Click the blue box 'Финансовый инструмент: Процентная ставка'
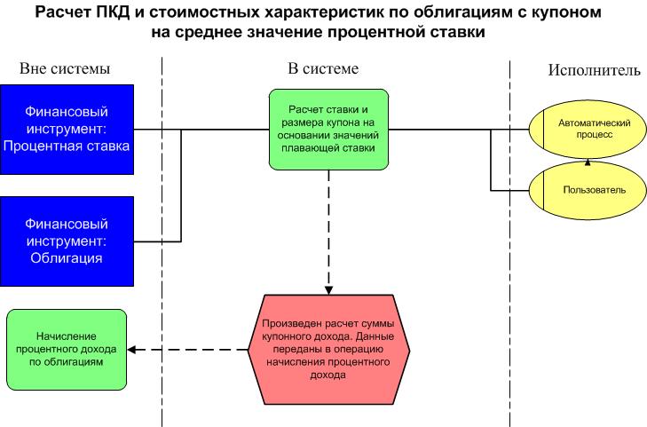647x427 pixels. pyautogui.click(x=67, y=129)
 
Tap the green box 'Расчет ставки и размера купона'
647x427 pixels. pyautogui.click(x=328, y=129)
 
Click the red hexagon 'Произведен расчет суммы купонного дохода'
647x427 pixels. pyautogui.click(x=328, y=350)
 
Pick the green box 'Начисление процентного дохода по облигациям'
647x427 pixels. pyautogui.click(x=67, y=350)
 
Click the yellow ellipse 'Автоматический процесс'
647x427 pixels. pyautogui.click(x=587, y=129)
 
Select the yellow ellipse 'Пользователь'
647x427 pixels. pyautogui.click(x=587, y=189)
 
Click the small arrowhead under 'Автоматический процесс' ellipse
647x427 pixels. pyautogui.click(x=587, y=162)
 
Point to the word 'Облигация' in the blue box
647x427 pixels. pyautogui.click(x=67, y=259)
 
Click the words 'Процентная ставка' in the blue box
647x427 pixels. pyautogui.click(x=67, y=146)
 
